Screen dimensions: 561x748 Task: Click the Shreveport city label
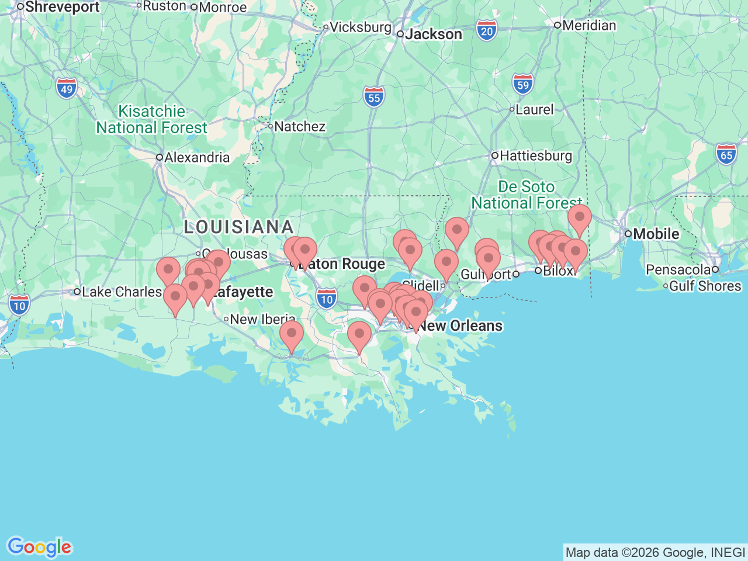click(x=62, y=7)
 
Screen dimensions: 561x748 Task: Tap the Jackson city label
click(x=433, y=34)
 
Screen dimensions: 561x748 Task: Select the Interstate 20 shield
click(x=486, y=30)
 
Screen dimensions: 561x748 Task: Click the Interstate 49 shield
click(x=67, y=89)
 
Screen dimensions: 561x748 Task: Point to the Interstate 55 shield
click(x=374, y=97)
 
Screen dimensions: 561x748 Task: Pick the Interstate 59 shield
click(x=522, y=84)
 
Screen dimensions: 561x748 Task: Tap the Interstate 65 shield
click(x=726, y=155)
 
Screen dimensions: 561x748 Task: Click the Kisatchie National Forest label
click(x=151, y=119)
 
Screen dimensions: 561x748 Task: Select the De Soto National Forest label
click(x=527, y=195)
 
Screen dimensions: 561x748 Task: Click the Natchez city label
click(x=299, y=126)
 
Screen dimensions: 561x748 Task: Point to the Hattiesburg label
click(x=535, y=155)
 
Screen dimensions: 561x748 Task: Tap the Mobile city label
click(x=656, y=234)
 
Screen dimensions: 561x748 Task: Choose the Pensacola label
click(x=678, y=269)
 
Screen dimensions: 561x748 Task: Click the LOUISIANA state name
click(x=238, y=227)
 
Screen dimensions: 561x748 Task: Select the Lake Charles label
click(x=122, y=292)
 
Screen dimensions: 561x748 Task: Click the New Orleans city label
click(x=460, y=325)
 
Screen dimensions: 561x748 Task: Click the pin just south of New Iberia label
click(x=291, y=335)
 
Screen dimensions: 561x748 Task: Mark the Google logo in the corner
click(x=39, y=547)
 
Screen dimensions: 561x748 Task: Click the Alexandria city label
click(x=196, y=157)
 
